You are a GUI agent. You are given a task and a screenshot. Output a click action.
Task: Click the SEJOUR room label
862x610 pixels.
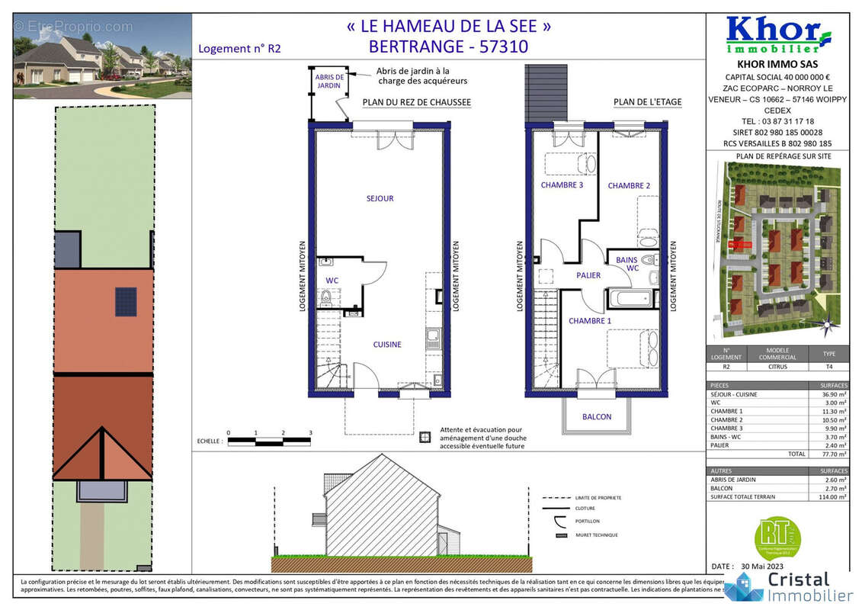point(380,199)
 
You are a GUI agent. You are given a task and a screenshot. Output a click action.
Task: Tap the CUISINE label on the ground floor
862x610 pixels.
point(387,345)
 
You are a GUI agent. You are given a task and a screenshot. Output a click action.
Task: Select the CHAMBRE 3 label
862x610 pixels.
point(562,185)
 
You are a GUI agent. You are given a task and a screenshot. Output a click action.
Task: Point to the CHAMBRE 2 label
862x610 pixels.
point(629,186)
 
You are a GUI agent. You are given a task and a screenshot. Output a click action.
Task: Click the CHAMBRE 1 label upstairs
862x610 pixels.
point(590,321)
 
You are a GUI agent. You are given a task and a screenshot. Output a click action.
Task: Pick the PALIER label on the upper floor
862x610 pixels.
point(588,275)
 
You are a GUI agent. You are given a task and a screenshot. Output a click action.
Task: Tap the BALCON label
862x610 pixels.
point(597,416)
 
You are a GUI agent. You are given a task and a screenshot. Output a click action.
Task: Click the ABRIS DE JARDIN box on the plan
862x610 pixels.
point(329,82)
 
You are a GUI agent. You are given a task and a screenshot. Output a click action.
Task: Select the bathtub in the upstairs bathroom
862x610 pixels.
point(629,298)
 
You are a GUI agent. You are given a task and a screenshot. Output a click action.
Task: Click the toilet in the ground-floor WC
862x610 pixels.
point(327,298)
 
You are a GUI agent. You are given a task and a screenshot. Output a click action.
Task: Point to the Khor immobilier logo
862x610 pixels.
point(777,35)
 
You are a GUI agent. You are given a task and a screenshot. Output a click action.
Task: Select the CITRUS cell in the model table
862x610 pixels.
point(778,366)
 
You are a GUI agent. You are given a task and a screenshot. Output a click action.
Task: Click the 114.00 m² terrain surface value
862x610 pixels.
point(826,497)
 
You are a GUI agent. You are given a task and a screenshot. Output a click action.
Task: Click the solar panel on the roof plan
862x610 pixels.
point(126,301)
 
